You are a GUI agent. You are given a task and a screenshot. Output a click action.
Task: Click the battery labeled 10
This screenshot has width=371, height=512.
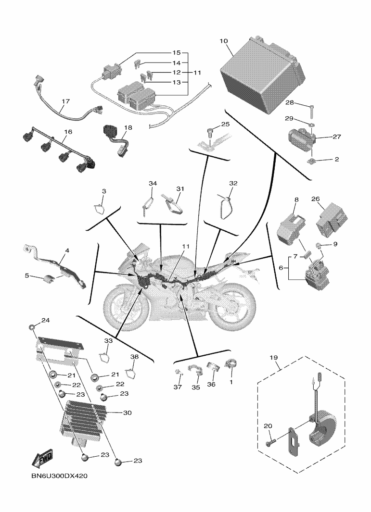(262, 72)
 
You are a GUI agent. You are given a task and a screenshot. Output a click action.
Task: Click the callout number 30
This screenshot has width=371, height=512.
(128, 412)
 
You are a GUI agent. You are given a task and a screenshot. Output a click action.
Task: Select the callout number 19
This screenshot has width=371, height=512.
(274, 358)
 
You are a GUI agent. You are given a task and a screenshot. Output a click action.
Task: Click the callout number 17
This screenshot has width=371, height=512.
(65, 101)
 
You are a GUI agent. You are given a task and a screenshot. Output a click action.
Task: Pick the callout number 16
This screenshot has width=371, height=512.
(68, 131)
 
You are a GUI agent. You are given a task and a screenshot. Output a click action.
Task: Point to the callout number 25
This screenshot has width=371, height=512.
(225, 125)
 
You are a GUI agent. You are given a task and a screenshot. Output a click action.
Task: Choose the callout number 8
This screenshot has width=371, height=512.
(296, 199)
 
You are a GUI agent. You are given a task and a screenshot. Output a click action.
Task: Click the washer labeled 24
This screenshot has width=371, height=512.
(32, 328)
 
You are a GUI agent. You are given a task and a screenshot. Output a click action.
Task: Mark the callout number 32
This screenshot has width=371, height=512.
(233, 184)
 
